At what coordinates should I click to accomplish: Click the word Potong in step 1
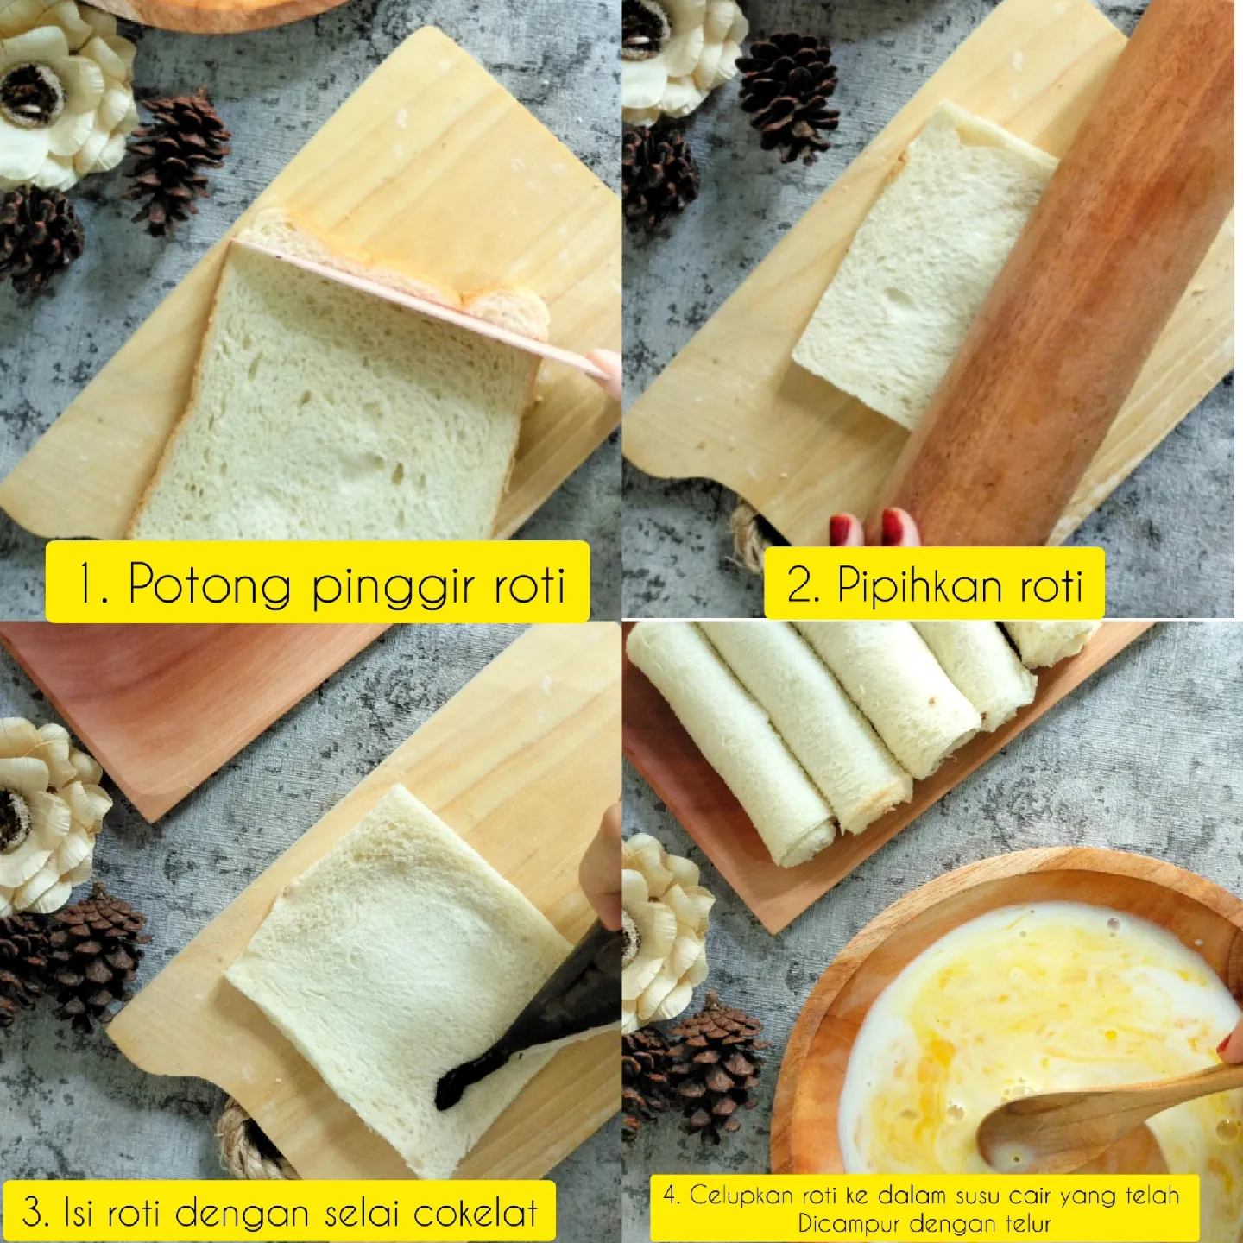[x=209, y=585]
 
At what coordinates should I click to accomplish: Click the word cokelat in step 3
[x=475, y=1213]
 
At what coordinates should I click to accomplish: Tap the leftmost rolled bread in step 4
[x=734, y=751]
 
